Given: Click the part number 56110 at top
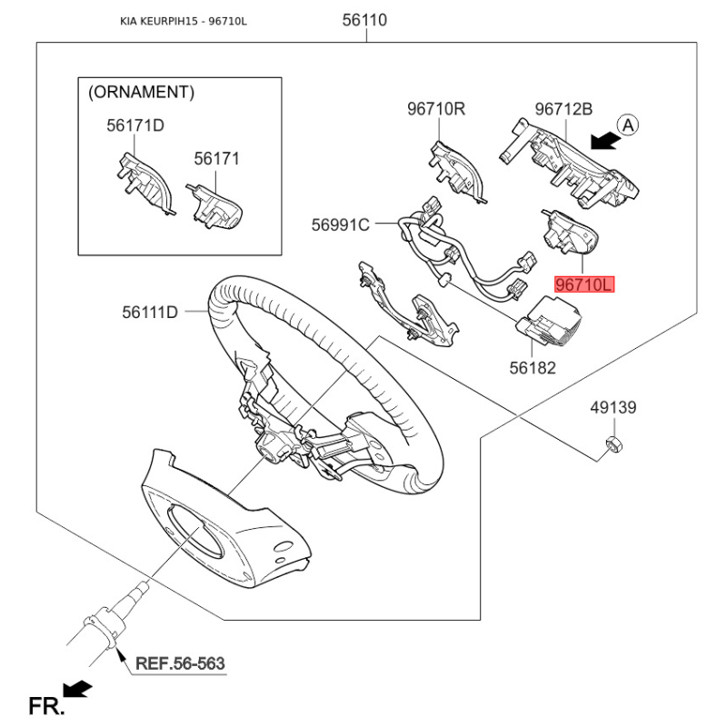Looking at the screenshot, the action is coord(364,20).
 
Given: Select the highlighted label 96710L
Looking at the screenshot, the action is coord(584,284).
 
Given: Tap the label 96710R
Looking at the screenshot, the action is coord(436,109).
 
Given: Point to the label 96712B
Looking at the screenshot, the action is coord(563,109).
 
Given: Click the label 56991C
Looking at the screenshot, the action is coord(340,224).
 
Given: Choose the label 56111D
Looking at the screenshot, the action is coord(150,312).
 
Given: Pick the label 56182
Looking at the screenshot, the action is coord(533,368).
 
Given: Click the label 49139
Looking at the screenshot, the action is coord(612,407).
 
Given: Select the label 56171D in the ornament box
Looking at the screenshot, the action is coord(134,125).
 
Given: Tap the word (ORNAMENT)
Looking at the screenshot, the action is coord(142,93).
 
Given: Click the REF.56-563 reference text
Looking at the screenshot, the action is coord(180,663).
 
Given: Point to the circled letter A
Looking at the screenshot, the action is coord(628,125).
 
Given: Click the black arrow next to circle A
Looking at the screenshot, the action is coord(606,141).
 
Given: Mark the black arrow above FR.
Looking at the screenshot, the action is coord(77,689).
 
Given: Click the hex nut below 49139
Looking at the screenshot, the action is coord(614,443).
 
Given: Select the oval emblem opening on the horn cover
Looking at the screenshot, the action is coord(194,532).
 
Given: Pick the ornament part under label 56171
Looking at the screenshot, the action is coord(214,206).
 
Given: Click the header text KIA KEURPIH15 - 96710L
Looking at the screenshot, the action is coord(184,21).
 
